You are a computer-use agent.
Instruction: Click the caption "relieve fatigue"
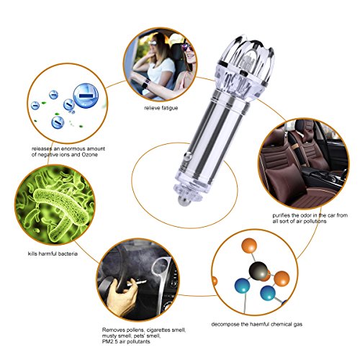161,108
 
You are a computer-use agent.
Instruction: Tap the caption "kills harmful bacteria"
53,253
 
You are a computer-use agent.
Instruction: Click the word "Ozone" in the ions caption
90,155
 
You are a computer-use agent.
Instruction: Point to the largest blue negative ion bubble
86,96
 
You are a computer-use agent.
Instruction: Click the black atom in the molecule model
258,270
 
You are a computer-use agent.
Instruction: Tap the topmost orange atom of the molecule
249,246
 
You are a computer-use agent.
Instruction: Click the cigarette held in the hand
136,283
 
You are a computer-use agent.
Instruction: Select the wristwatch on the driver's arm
145,84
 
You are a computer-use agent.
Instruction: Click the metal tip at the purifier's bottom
183,201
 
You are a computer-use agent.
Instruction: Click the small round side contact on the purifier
188,156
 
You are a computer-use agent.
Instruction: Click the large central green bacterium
60,207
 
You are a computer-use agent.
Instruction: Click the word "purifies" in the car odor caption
281,215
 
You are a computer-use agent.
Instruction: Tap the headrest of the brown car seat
302,127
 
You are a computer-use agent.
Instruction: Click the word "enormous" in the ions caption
73,149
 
